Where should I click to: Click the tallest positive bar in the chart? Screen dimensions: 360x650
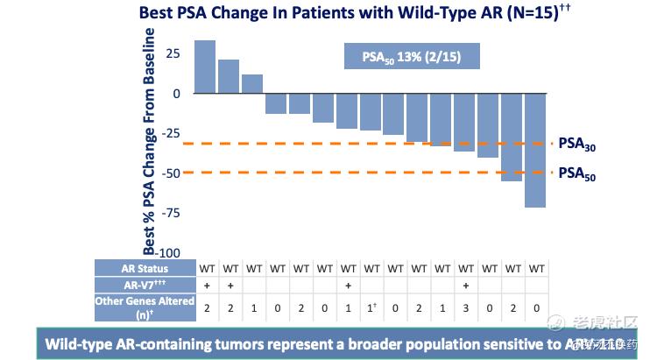tap(205, 66)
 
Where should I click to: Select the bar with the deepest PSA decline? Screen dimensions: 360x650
tap(535, 149)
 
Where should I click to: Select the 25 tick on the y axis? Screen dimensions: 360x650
tap(173, 54)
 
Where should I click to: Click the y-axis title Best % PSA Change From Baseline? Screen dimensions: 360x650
tap(150, 140)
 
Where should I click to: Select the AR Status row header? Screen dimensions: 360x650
tap(145, 268)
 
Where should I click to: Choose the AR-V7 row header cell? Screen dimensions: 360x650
tap(145, 285)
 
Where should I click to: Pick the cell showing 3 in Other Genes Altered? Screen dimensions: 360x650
tap(465, 308)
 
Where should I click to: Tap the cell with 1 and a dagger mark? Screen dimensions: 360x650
tap(371, 308)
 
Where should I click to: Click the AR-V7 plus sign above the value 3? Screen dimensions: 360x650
tap(465, 285)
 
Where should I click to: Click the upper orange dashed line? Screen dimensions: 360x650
tap(368, 144)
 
